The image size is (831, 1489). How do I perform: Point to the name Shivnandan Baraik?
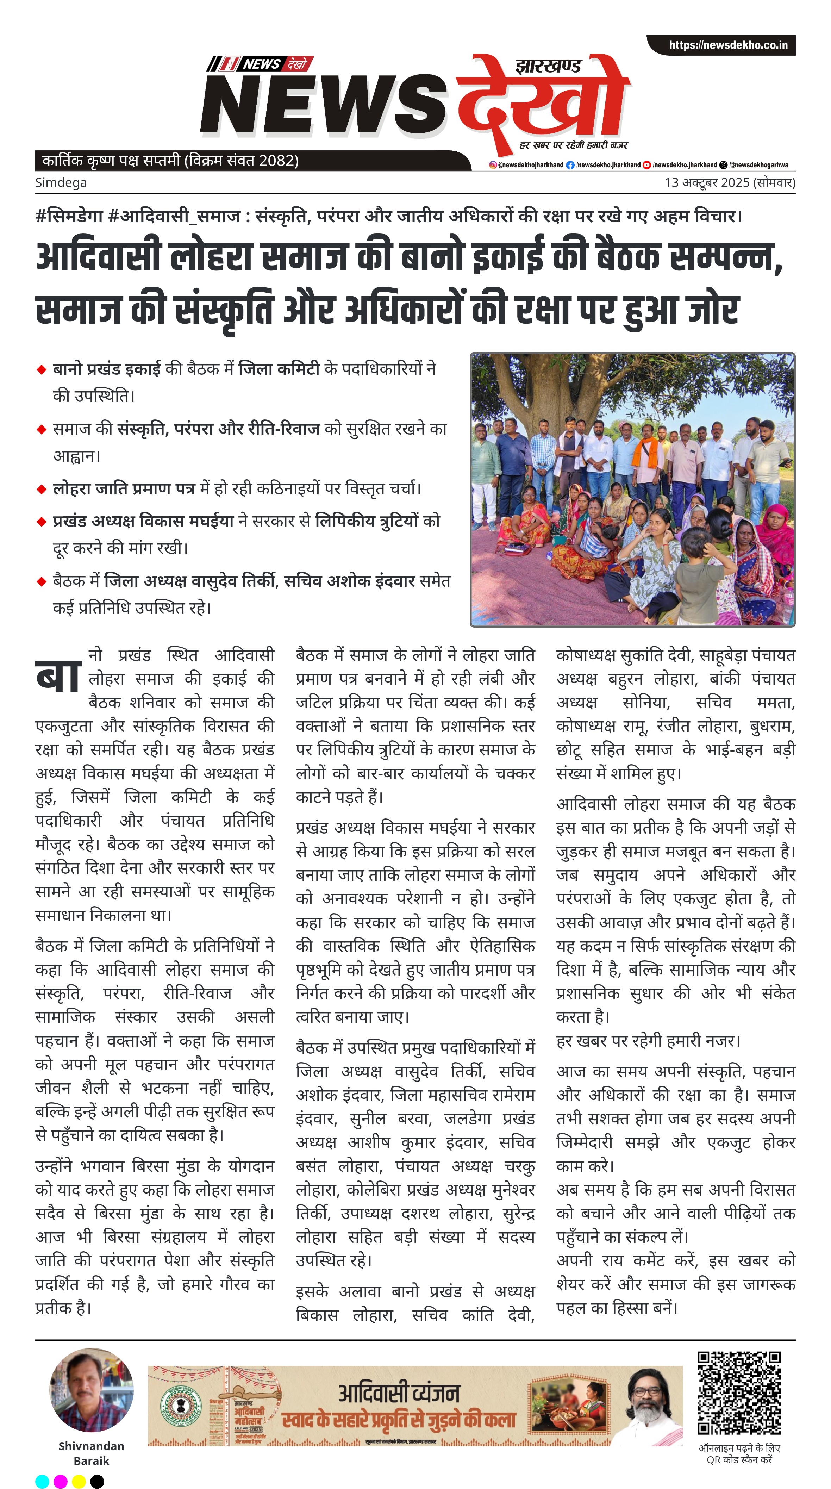tap(91, 1453)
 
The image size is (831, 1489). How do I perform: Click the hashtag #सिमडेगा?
tap(69, 216)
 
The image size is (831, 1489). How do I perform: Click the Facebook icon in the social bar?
tap(570, 165)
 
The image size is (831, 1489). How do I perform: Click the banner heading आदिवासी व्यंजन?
tap(399, 1393)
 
